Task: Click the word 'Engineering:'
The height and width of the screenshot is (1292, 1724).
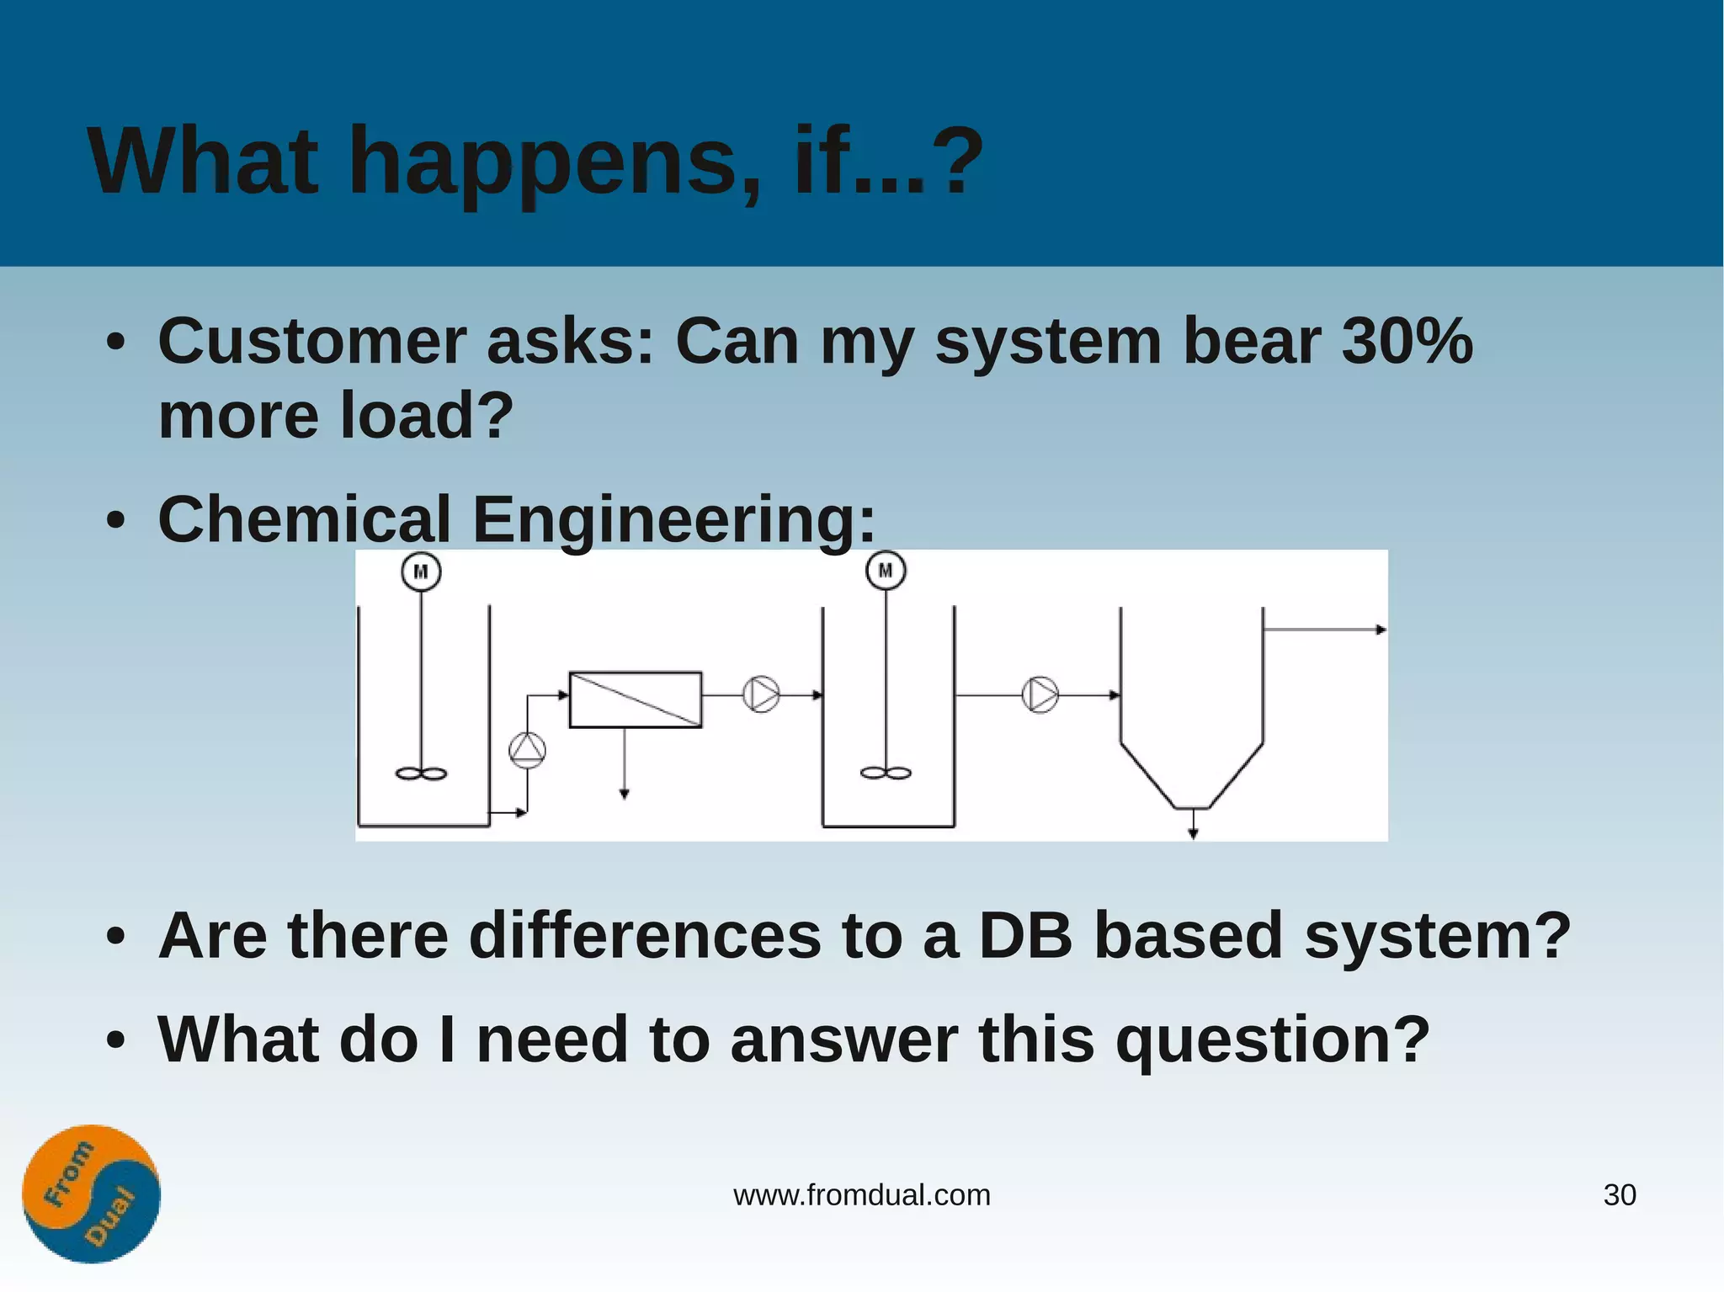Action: pos(673,520)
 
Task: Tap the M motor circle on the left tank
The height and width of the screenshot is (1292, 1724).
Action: pos(421,572)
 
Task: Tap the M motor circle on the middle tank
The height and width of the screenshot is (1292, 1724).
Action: pos(886,571)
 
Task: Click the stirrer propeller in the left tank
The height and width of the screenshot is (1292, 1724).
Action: pos(421,774)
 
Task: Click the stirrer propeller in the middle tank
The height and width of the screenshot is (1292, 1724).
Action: pos(886,774)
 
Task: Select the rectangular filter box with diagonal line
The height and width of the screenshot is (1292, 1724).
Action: pos(636,699)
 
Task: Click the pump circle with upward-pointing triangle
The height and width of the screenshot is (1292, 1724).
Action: pos(528,750)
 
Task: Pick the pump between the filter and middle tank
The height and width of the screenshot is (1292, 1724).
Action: pos(761,694)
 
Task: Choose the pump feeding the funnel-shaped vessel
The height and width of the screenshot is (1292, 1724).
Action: pos(1040,695)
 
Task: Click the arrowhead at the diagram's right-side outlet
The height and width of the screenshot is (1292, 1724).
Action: pos(1381,630)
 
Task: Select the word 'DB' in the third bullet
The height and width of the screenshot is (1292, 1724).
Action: pos(1025,935)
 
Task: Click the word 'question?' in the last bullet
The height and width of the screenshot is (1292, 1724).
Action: pos(1272,1039)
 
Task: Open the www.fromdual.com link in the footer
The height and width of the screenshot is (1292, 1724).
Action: pos(861,1195)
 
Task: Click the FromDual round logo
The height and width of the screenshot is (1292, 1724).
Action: pos(91,1194)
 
